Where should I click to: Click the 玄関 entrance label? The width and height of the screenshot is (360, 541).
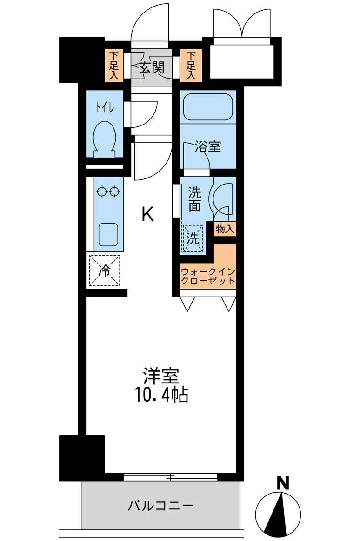152,68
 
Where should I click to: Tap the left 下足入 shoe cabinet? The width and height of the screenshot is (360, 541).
114,66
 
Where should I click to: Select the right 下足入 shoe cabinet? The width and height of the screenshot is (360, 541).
191,66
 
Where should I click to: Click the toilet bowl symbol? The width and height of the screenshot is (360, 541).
105,139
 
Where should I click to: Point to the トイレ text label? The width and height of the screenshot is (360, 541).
105,108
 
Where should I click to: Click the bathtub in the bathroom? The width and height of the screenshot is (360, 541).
208,106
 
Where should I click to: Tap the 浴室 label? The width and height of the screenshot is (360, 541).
208,147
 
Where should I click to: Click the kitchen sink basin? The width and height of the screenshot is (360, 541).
108,235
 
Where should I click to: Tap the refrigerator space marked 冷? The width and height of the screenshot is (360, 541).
105,270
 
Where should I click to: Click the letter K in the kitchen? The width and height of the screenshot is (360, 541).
148,215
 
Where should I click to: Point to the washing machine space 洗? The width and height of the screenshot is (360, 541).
193,238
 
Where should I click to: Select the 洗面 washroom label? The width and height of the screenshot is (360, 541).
195,199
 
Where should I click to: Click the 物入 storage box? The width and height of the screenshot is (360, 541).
225,229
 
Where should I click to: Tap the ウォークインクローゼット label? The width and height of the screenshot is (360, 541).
208,276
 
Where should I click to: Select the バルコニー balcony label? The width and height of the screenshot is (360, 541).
161,506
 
